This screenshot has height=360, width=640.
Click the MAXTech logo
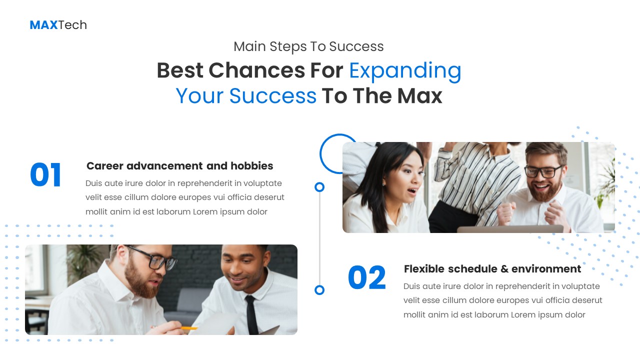pyautogui.click(x=58, y=25)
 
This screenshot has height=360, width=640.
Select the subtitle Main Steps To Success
pyautogui.click(x=308, y=46)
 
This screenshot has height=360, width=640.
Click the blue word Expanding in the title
pyautogui.click(x=405, y=70)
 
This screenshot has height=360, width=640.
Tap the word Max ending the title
pyautogui.click(x=420, y=96)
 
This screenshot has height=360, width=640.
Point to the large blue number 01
pyautogui.click(x=45, y=175)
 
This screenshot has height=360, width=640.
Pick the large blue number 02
pyautogui.click(x=367, y=278)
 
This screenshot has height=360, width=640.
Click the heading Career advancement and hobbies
pyautogui.click(x=179, y=166)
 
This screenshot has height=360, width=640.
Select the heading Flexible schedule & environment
pyautogui.click(x=492, y=269)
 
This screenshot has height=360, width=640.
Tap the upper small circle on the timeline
pyautogui.click(x=319, y=187)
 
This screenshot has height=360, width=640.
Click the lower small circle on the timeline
pyautogui.click(x=319, y=290)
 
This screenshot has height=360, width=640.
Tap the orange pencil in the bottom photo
pyautogui.click(x=189, y=328)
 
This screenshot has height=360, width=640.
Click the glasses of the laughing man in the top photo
pyautogui.click(x=543, y=171)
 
